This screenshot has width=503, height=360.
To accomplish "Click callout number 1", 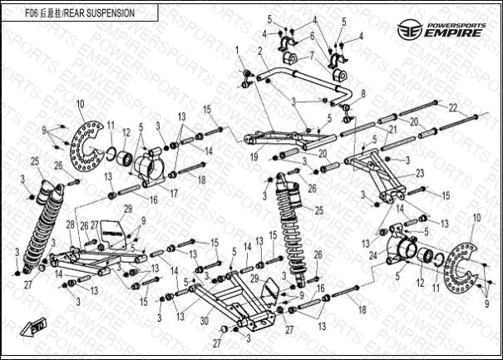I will pyautogui.click(x=237, y=52).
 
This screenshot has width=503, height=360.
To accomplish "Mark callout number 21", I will pyautogui.click(x=393, y=131).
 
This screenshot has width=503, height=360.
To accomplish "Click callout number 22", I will pyautogui.click(x=452, y=107).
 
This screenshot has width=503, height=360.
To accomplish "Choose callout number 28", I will pyautogui.click(x=70, y=224).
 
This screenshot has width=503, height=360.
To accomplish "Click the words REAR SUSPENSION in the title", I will pyautogui.click(x=100, y=14).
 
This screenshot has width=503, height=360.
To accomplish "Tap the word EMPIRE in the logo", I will pyautogui.click(x=455, y=33).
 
